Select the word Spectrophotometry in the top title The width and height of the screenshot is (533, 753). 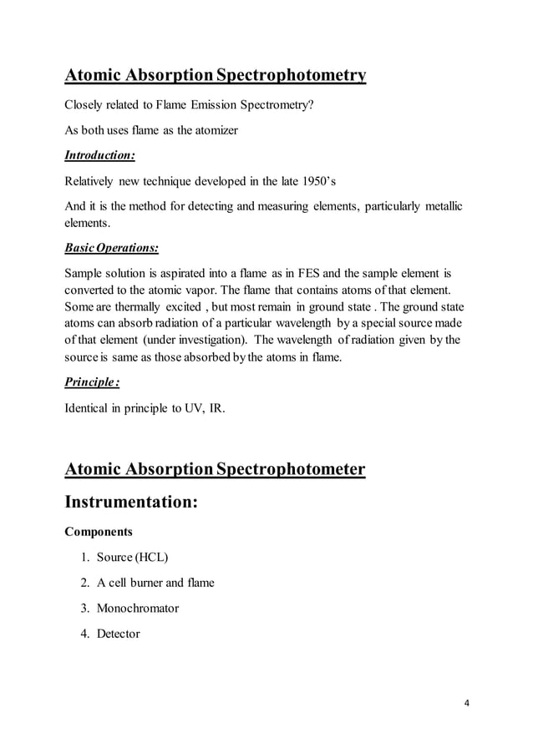coord(290,76)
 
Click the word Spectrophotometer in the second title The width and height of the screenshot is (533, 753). coord(290,469)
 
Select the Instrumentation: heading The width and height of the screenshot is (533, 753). coord(131,503)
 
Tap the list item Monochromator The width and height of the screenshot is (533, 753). coord(138,608)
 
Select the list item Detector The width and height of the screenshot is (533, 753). coord(119,634)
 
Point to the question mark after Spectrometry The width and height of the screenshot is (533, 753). coord(312,104)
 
